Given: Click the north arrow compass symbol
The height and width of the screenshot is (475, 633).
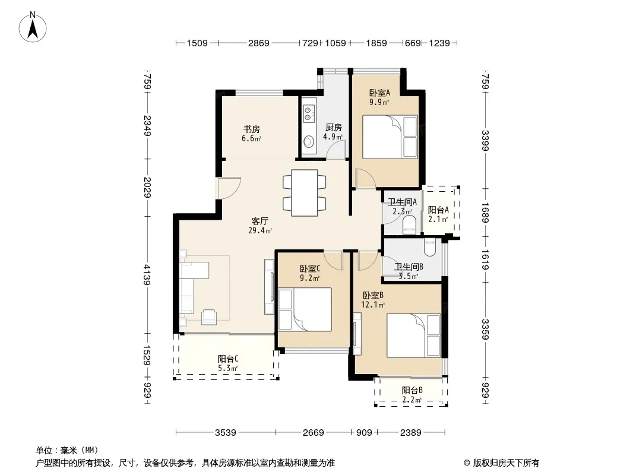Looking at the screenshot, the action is [x=33, y=27].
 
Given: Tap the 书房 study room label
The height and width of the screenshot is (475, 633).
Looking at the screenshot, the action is [x=251, y=129].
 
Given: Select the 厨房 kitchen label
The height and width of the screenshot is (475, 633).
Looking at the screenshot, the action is [x=334, y=128].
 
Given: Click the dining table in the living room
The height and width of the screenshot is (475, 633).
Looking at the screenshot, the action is [x=305, y=193].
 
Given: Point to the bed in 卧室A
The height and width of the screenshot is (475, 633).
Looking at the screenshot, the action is [x=390, y=137].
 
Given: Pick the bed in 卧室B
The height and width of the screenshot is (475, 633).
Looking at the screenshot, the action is [x=413, y=336].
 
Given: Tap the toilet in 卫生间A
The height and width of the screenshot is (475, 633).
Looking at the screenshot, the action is [x=409, y=225].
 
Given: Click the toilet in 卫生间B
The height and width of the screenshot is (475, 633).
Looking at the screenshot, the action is [x=429, y=247].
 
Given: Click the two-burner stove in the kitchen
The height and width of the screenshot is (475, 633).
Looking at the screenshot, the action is [x=309, y=113].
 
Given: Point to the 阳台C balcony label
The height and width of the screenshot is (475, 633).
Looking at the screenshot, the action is [x=227, y=359].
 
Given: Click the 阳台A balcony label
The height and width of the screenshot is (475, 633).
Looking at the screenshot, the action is [x=438, y=210].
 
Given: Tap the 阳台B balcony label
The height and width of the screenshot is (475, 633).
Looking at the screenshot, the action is [x=412, y=390].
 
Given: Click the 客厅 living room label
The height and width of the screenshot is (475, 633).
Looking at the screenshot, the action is [x=259, y=221].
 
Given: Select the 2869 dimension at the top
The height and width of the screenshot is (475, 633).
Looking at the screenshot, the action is [x=258, y=43].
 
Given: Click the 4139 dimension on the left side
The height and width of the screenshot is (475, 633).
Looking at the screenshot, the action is [x=147, y=274].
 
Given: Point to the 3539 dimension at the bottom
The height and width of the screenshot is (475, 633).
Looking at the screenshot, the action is [x=225, y=433].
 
